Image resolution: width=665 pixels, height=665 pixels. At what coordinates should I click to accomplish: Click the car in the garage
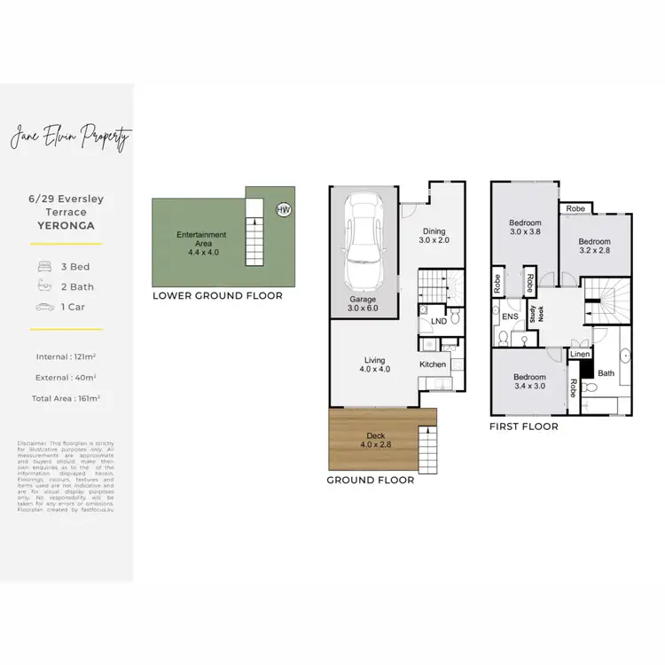point(362,229)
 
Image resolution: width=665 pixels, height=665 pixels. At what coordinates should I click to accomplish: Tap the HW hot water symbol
point(283,210)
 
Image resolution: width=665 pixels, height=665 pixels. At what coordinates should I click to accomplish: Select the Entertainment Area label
point(201,240)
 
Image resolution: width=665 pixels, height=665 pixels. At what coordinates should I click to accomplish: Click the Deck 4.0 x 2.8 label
point(376,440)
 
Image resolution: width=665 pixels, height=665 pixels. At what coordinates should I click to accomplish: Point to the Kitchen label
point(432,364)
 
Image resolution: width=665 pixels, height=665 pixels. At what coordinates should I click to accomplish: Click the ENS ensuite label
point(510,315)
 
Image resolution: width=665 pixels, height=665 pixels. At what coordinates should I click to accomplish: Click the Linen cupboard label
point(579,355)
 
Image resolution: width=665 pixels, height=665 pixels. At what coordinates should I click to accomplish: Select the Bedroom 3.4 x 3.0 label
point(528,380)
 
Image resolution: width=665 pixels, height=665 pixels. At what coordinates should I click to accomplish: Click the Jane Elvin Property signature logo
point(70,137)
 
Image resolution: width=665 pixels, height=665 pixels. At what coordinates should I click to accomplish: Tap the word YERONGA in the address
point(66,225)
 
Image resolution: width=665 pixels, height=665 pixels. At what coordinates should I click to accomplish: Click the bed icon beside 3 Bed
point(43,266)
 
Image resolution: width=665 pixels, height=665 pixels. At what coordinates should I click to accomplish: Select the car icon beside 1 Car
point(43,307)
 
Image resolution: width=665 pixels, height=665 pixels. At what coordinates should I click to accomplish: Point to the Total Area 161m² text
point(66,399)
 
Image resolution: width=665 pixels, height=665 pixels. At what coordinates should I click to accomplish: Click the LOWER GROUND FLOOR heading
point(217,295)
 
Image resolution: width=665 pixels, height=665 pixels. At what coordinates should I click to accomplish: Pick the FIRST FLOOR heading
point(524,426)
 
